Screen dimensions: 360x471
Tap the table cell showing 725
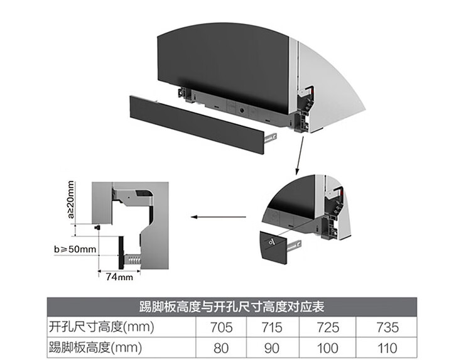pos(328,327)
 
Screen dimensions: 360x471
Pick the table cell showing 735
pos(386,327)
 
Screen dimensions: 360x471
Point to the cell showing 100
pos(328,346)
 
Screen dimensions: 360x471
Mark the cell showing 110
pos(386,346)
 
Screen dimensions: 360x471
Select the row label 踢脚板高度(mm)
pos(96,346)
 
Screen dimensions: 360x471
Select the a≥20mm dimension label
pos(71,200)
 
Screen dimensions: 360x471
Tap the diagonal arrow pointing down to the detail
pos(298,153)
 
